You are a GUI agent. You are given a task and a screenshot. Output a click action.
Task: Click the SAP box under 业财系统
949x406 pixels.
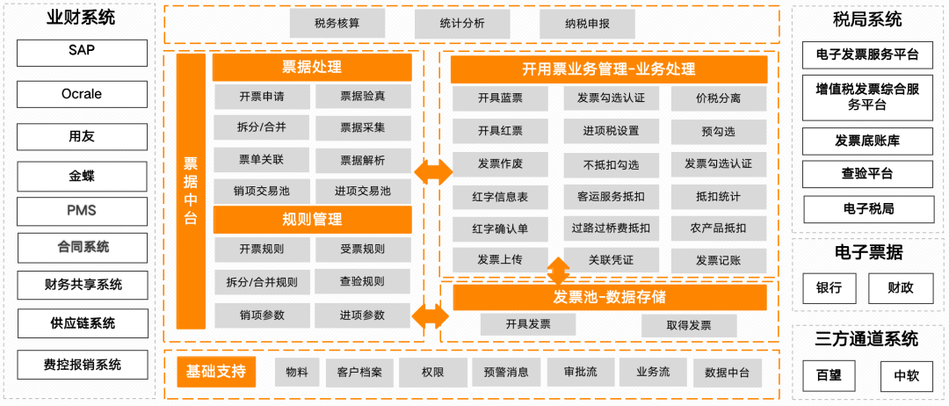click(82, 52)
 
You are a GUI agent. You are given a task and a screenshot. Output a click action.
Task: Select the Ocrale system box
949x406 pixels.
click(82, 94)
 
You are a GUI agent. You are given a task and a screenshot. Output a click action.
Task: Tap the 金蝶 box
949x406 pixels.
click(82, 176)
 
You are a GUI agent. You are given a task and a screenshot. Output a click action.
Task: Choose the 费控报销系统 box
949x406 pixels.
click(82, 365)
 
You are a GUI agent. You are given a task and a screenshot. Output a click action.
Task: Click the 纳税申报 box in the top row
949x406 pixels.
click(587, 24)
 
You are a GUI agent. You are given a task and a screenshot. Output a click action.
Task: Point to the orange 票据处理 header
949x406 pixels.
click(312, 68)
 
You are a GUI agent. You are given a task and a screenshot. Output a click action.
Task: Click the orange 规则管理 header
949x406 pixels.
click(312, 220)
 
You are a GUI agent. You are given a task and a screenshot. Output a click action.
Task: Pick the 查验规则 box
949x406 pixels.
click(362, 282)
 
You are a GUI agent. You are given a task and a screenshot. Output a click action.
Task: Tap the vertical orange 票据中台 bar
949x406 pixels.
click(191, 192)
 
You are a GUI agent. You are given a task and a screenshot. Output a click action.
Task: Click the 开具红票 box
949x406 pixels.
click(500, 131)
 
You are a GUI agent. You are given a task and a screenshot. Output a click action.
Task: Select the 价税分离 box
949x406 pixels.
click(718, 98)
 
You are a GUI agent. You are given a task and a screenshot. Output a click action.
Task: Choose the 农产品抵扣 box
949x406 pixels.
click(718, 228)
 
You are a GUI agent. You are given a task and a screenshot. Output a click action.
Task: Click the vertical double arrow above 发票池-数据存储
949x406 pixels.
click(558, 268)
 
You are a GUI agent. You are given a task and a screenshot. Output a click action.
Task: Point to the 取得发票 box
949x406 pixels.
click(688, 325)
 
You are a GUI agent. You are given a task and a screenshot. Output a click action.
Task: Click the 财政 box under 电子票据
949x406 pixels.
click(901, 288)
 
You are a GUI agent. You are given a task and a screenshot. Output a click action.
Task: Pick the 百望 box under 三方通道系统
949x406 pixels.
click(829, 376)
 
